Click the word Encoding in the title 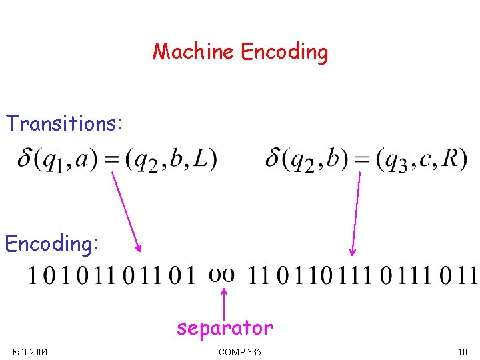pyautogui.click(x=285, y=52)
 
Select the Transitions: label pyautogui.click(x=64, y=123)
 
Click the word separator pyautogui.click(x=225, y=328)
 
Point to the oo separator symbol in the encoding pyautogui.click(x=222, y=274)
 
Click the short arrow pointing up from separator pyautogui.click(x=224, y=302)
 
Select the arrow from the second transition pyautogui.click(x=356, y=213)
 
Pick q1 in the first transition pyautogui.click(x=53, y=161)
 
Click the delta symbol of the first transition pyautogui.click(x=26, y=159)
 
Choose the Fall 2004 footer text pyautogui.click(x=30, y=352)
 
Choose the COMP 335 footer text pyautogui.click(x=239, y=352)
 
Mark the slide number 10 pyautogui.click(x=462, y=352)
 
